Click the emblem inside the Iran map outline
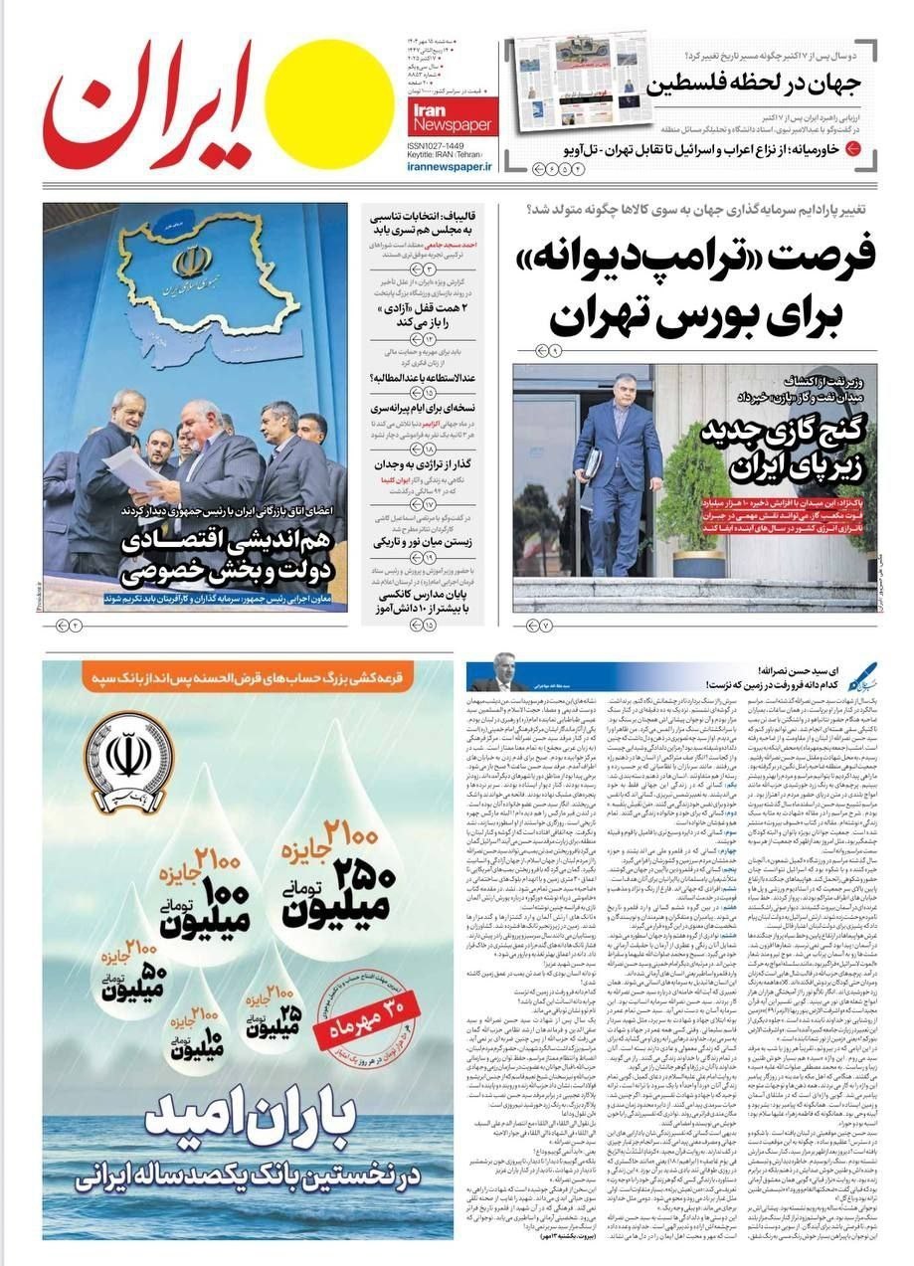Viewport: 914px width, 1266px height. click(x=192, y=261)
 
